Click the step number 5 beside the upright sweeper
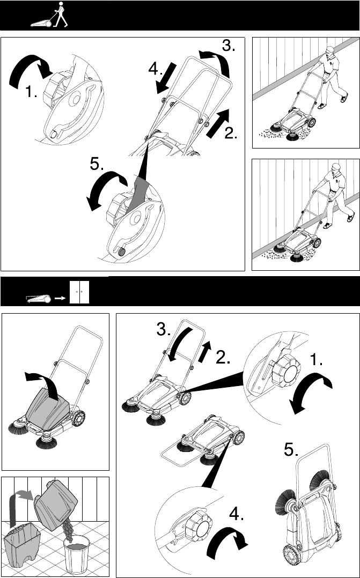click(x=291, y=449)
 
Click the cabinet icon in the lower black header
click(x=79, y=292)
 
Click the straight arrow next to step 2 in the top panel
click(x=218, y=123)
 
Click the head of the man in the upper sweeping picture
click(x=330, y=50)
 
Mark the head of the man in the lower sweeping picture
click(x=336, y=168)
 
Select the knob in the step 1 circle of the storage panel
click(x=286, y=370)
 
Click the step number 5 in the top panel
click(x=97, y=164)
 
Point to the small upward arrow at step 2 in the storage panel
click(x=204, y=351)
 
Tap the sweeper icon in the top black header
click(x=41, y=24)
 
